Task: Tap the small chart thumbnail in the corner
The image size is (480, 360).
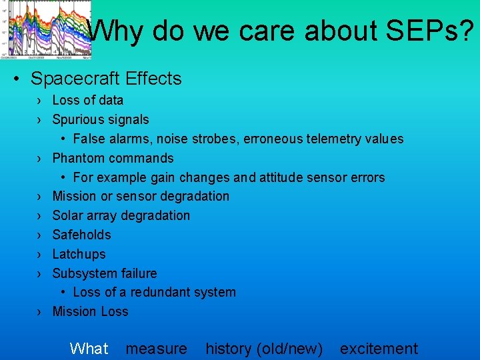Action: tap(47, 28)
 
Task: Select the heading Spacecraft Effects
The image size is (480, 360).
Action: tap(106, 79)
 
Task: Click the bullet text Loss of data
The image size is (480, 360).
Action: tap(87, 101)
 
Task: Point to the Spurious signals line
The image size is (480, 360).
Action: tap(100, 120)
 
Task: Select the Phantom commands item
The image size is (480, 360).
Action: tap(113, 158)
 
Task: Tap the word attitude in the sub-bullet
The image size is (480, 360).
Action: tap(274, 177)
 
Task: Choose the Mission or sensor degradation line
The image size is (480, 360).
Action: tap(140, 196)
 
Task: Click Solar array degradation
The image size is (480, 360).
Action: tap(121, 215)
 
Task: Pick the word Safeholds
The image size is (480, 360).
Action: tap(81, 235)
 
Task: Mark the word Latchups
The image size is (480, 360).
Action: tap(79, 254)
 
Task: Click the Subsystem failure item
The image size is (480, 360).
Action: tap(104, 273)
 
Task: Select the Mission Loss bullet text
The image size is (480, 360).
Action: tap(90, 311)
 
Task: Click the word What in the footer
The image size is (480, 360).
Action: tap(89, 348)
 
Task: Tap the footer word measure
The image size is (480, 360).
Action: tap(156, 348)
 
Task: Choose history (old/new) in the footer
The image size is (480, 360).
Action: tap(264, 348)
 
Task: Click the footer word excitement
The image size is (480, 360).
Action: tap(379, 348)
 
